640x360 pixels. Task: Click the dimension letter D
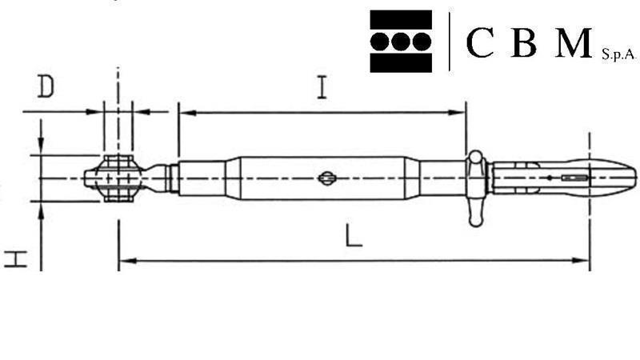(x=46, y=87)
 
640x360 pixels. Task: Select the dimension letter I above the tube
(x=321, y=86)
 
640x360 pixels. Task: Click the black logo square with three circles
(x=401, y=41)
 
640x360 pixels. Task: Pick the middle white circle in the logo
(x=401, y=41)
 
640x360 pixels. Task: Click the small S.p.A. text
(x=618, y=54)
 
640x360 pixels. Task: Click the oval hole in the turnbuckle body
(x=326, y=178)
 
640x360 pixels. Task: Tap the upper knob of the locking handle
(x=477, y=158)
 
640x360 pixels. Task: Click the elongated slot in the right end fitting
(x=574, y=178)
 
